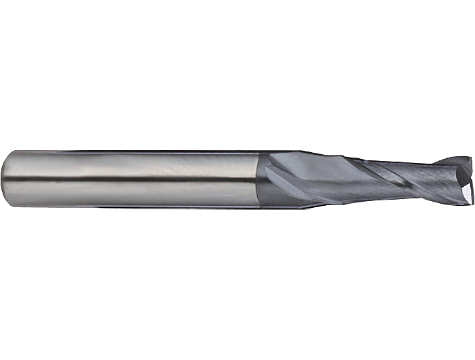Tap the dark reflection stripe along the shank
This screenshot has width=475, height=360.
136,179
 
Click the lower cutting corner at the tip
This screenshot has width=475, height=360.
464,198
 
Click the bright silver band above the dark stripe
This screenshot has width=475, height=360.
136,163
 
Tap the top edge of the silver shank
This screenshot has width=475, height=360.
136,151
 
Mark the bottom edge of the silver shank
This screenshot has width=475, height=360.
136,205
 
